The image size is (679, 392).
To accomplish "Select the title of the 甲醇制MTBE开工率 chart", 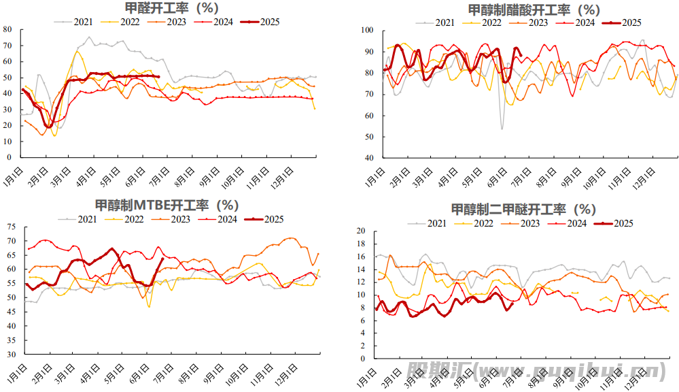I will [167, 205].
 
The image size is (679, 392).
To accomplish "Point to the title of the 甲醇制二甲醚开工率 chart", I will [523, 209].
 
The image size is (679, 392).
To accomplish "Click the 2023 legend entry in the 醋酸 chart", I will [532, 22].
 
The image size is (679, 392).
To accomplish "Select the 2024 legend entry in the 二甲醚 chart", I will [570, 223].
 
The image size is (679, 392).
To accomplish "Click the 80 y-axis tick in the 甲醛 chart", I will [7, 29].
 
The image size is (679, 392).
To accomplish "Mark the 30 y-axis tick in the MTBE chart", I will [11, 355].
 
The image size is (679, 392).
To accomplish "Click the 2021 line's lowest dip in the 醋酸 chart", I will [502, 129].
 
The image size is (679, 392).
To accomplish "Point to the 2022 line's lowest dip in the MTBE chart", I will [149, 307].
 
